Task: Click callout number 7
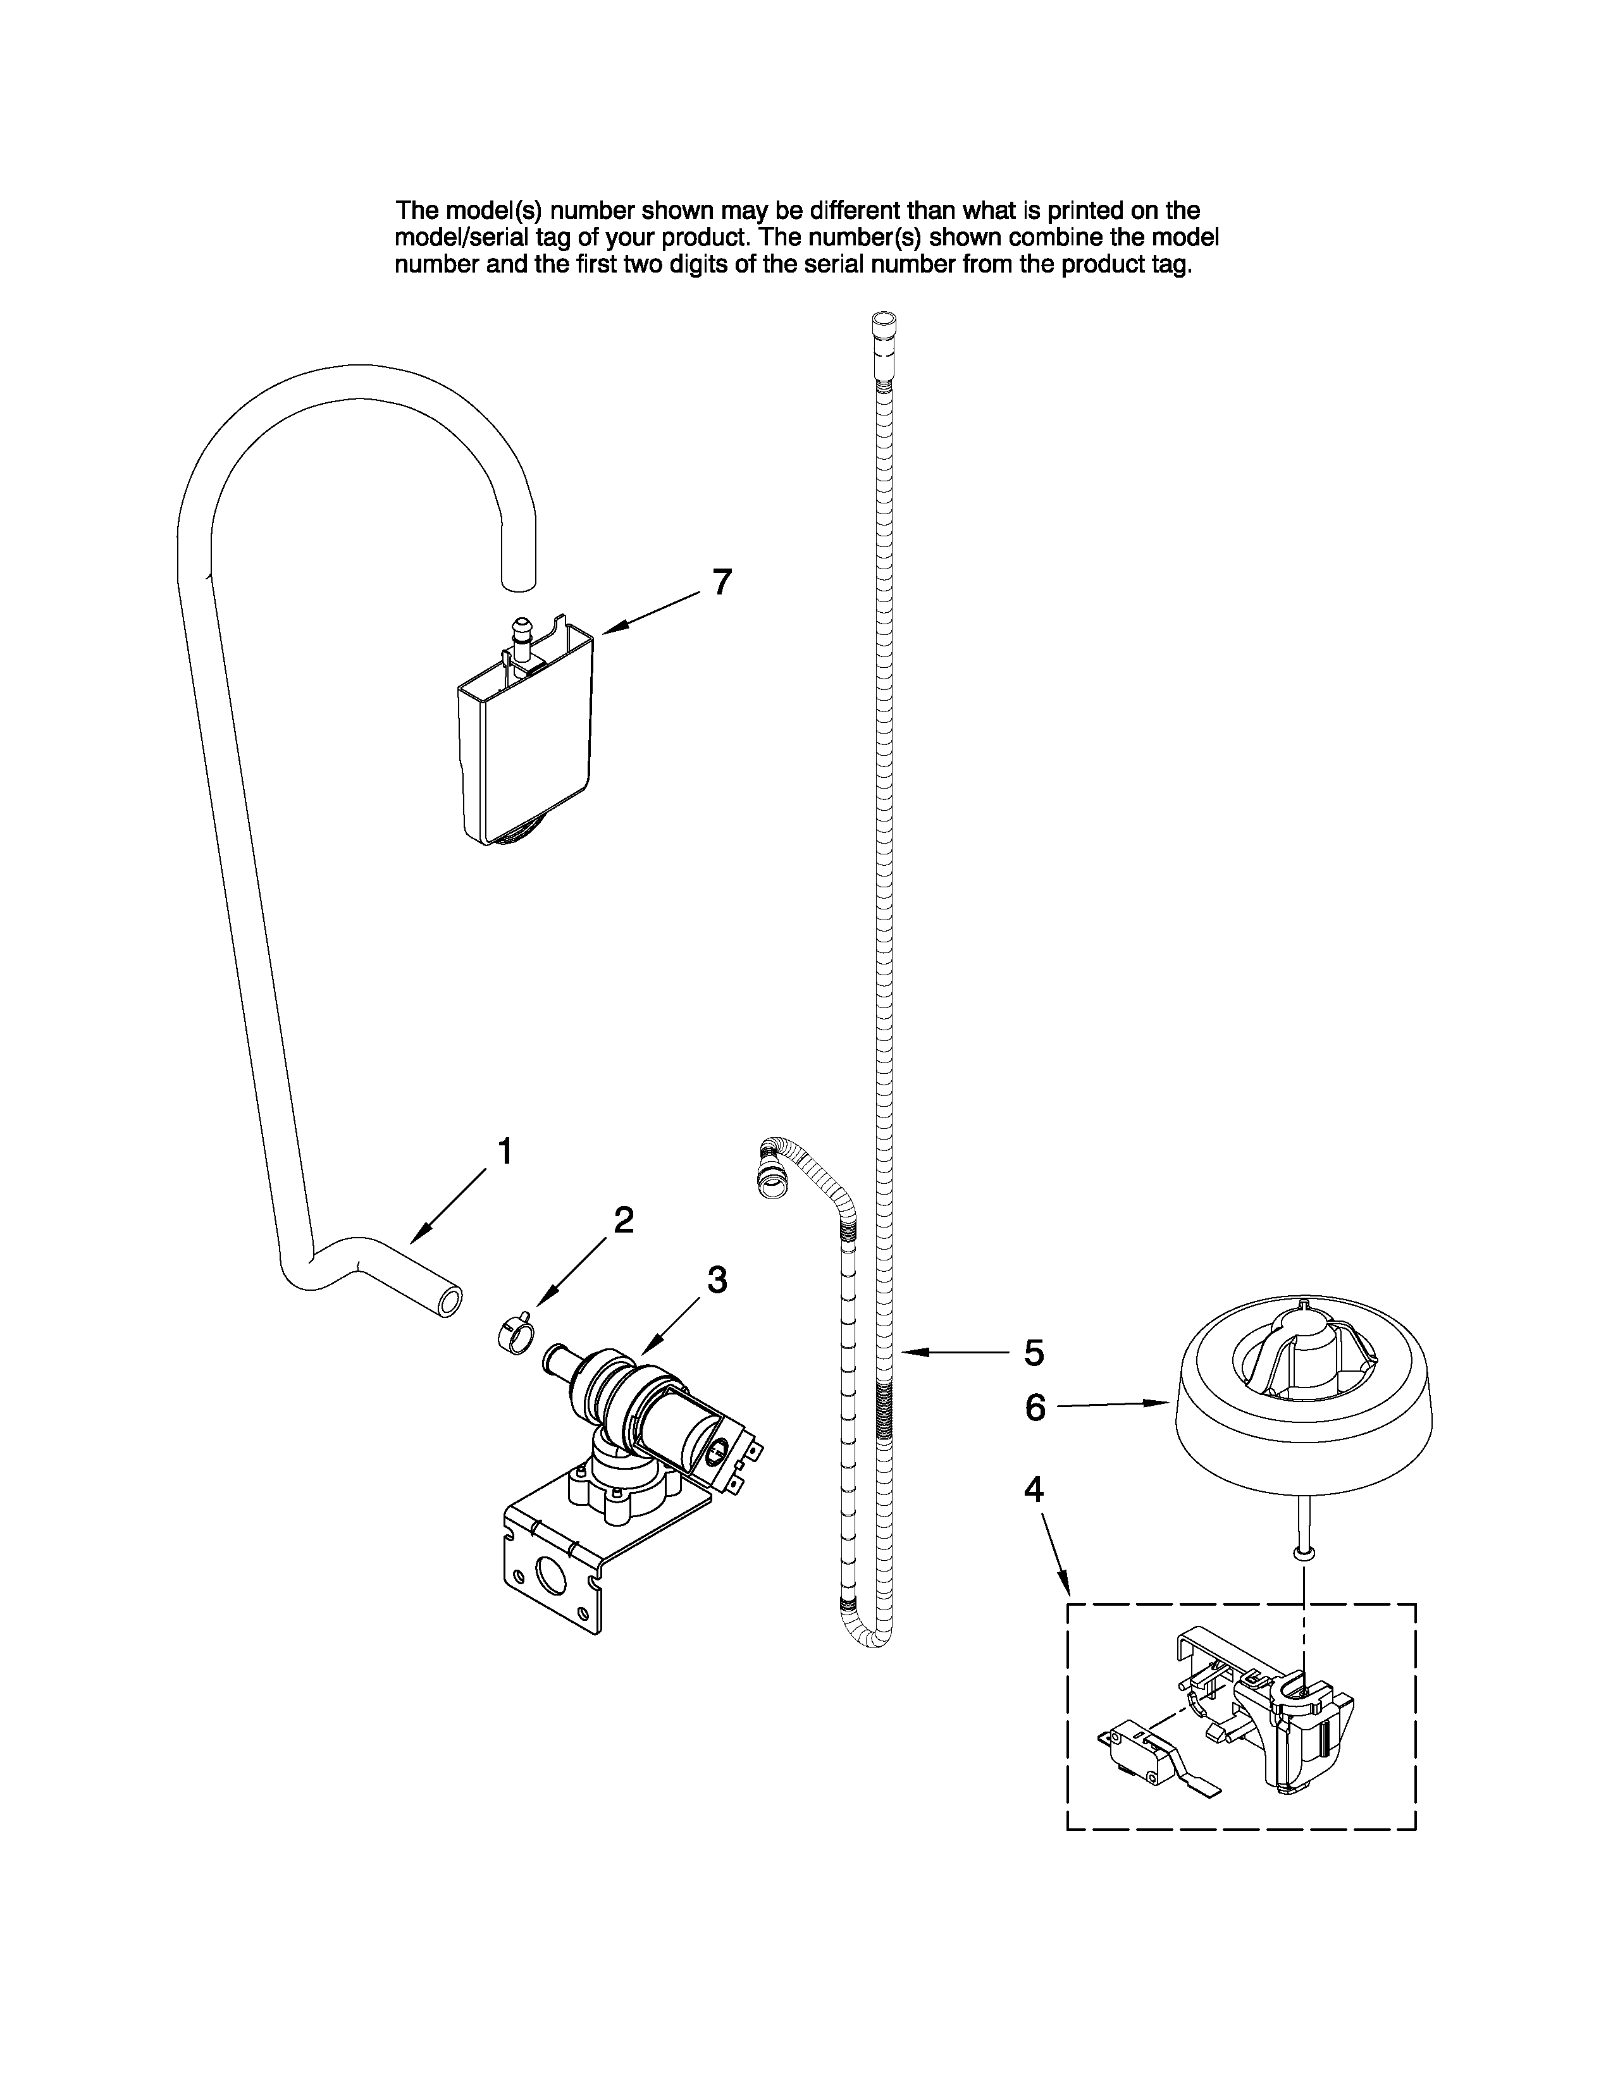click(x=722, y=581)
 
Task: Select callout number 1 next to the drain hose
click(x=505, y=1152)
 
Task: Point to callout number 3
click(x=717, y=1279)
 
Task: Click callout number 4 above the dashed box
click(x=1034, y=1489)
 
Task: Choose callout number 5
click(x=1034, y=1353)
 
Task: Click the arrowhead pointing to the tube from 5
click(x=908, y=1352)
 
